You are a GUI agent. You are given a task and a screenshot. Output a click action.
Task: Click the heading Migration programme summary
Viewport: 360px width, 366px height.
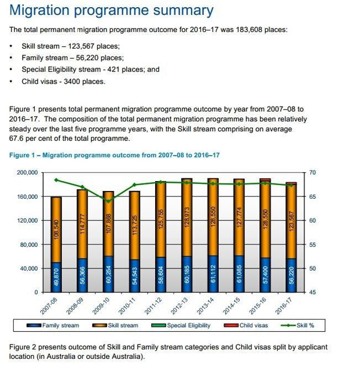click(x=111, y=11)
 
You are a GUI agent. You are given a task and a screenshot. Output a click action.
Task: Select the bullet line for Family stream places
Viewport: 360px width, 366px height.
click(x=73, y=58)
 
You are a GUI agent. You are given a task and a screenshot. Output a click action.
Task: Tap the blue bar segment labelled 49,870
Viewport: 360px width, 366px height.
click(x=56, y=277)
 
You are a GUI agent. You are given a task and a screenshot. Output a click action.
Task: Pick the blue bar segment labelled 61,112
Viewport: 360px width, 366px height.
click(x=213, y=274)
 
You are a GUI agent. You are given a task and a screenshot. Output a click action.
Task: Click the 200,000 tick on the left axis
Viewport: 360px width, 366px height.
click(x=26, y=173)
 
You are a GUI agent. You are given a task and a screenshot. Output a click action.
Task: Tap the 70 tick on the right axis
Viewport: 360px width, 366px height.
click(x=312, y=173)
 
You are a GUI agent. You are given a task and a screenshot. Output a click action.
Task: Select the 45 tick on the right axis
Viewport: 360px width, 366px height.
click(x=312, y=292)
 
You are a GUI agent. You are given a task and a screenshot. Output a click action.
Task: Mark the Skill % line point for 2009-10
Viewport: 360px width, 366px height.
click(x=109, y=201)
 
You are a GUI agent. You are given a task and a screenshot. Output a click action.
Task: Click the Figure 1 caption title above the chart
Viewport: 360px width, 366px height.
click(x=115, y=155)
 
